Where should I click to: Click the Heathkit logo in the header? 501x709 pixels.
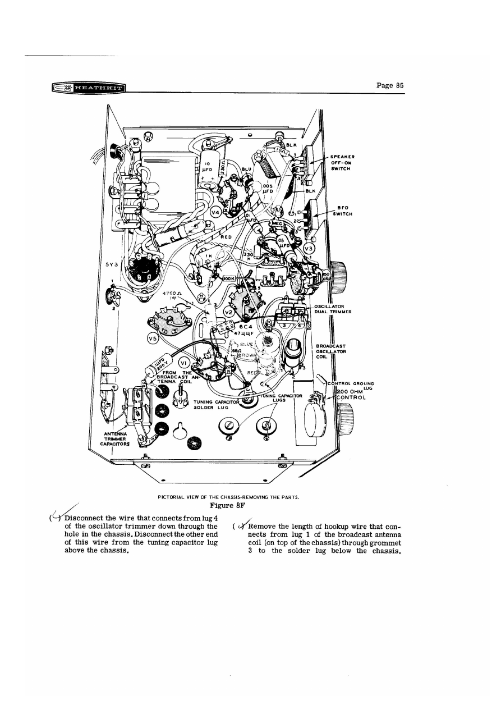(89, 88)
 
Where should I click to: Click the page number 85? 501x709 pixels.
(391, 85)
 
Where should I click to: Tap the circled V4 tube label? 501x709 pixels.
(216, 212)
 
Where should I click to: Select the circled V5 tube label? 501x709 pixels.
(153, 339)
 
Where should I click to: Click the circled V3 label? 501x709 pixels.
(308, 248)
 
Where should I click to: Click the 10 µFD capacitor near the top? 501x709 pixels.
(207, 167)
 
